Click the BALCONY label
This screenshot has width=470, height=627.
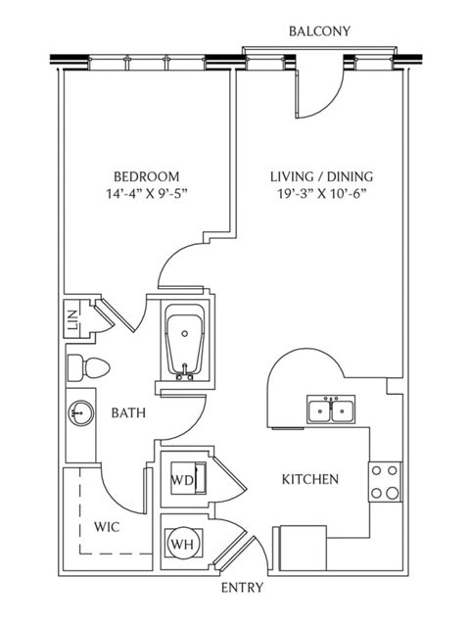click(x=319, y=31)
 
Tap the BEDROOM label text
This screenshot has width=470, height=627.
click(x=147, y=176)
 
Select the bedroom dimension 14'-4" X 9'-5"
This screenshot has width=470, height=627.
click(x=147, y=194)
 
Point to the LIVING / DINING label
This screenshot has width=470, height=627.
click(x=322, y=176)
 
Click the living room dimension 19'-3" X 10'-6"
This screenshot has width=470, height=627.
click(x=322, y=194)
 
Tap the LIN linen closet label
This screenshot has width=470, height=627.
click(x=72, y=319)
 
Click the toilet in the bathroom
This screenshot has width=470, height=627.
click(x=88, y=367)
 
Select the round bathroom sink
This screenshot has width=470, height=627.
click(x=80, y=413)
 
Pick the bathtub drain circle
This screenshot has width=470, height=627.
click(x=185, y=333)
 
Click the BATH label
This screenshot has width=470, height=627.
click(x=128, y=413)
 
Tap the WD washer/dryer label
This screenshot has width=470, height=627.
click(x=182, y=479)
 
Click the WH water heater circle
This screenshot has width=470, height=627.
click(x=184, y=543)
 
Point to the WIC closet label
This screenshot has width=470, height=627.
click(x=107, y=527)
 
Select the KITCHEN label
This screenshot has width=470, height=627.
click(x=310, y=479)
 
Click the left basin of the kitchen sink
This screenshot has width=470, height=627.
click(x=319, y=410)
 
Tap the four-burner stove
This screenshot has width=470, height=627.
click(x=385, y=482)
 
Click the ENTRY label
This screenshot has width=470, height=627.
click(x=243, y=588)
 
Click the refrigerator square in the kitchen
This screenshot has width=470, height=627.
click(x=303, y=548)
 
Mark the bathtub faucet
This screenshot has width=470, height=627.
click(x=184, y=372)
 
